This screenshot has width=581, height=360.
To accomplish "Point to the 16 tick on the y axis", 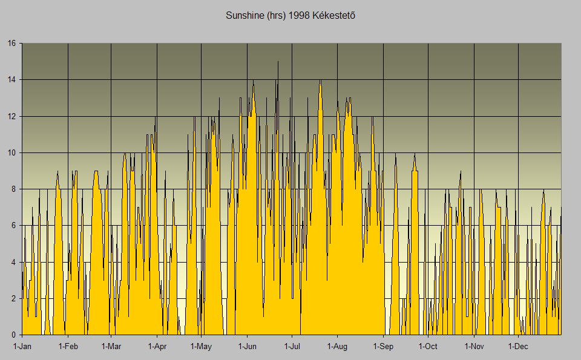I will point(11,44).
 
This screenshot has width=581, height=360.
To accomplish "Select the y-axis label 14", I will point(11,80).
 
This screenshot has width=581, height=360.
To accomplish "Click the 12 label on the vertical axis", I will point(11,116).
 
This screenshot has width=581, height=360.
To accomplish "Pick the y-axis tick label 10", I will point(11,152).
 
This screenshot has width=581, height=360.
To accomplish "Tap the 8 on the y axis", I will point(14,189).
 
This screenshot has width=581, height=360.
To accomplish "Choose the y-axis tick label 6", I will point(14,226).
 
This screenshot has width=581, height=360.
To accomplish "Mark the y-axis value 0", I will point(14,335).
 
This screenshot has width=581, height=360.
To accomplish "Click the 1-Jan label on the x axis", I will point(22,347).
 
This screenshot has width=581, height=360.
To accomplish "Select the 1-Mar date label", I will point(111,347).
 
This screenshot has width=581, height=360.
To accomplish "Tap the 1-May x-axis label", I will point(201,347).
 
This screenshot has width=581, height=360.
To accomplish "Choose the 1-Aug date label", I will point(337,347).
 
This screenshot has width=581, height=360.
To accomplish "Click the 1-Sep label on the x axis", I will point(383,347).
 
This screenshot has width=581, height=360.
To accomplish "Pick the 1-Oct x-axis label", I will point(428,347).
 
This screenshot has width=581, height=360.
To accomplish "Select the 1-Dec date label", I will point(518,347).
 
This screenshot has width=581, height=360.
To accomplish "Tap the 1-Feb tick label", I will point(68,347).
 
